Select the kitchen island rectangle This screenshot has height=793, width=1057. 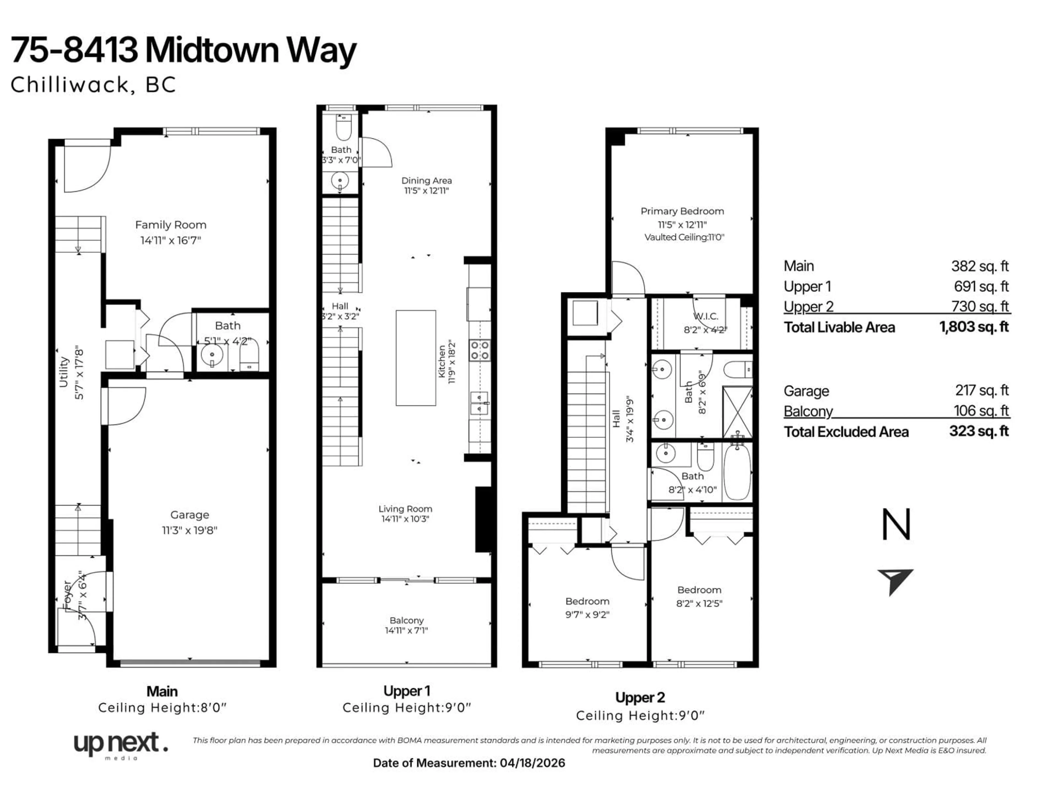[x=415, y=358]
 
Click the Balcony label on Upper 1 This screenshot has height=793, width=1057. [x=406, y=620]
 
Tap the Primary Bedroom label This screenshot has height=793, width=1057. [x=682, y=211]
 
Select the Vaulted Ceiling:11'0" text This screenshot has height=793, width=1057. [x=684, y=237]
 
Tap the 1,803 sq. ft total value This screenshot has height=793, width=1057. [x=974, y=327]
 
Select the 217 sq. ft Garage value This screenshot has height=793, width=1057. [x=982, y=390]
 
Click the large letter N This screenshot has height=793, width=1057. [x=896, y=525]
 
